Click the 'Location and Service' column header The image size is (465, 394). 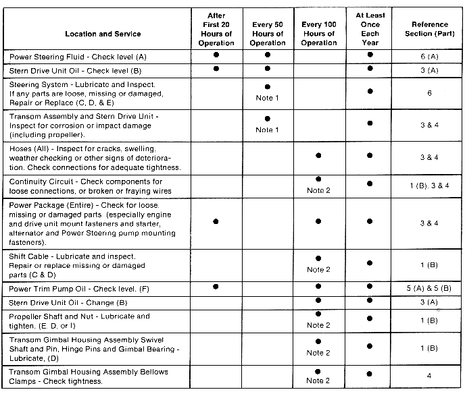pos(103,34)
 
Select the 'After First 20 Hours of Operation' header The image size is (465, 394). pos(216,29)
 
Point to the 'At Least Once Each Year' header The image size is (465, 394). pos(370,29)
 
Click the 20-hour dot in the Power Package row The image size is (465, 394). pos(216,221)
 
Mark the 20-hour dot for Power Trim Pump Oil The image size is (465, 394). pos(216,287)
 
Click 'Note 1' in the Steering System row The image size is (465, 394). pos(268,98)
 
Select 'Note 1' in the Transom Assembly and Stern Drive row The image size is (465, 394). pos(268,130)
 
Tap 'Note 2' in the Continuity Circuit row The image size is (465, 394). pos(318,191)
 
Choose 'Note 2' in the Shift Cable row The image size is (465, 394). pos(318,270)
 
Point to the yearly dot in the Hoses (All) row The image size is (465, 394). pos(370,156)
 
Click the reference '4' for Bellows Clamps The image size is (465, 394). pos(429,376)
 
